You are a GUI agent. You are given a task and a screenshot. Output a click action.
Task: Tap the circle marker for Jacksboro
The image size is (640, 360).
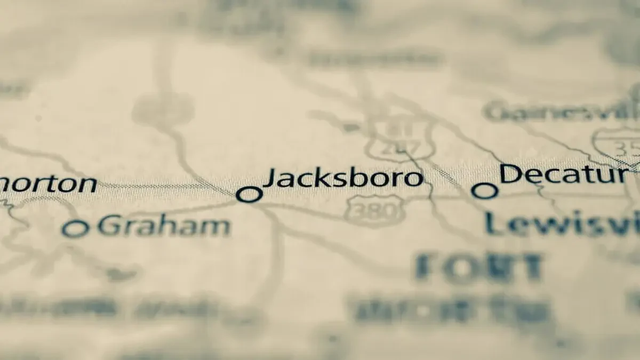[249, 195]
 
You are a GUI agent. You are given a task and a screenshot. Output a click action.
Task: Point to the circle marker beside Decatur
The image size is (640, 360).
[485, 190]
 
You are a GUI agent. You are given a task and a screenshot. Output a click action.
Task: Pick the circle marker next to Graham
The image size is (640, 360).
[75, 229]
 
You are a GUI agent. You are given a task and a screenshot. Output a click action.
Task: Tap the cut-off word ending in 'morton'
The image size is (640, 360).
[48, 184]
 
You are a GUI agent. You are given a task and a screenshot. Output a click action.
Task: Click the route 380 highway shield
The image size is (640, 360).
[374, 211]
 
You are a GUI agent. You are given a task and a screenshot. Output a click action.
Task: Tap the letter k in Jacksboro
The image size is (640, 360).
[322, 178]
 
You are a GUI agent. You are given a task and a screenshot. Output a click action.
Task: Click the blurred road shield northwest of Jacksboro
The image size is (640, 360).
[163, 109]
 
